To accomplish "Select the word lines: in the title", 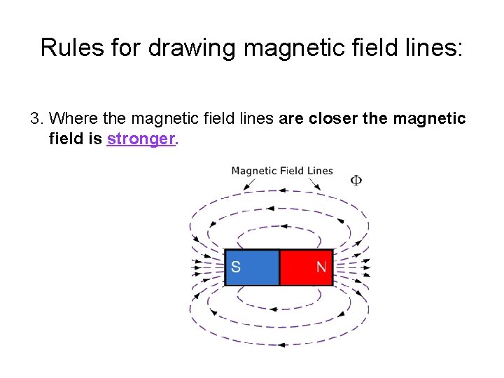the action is pos(432,48).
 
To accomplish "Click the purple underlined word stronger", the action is pos(141,139).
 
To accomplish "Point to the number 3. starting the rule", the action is pos(38,118).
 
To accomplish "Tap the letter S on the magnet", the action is pos(236,267).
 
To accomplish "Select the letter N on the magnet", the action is pos(321,267).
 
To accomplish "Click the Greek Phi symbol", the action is pos(356,181).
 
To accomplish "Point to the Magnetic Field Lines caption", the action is pos(282,171).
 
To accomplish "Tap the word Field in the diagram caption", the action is pos(292,171).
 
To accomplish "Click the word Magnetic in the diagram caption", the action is pos(254,171).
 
